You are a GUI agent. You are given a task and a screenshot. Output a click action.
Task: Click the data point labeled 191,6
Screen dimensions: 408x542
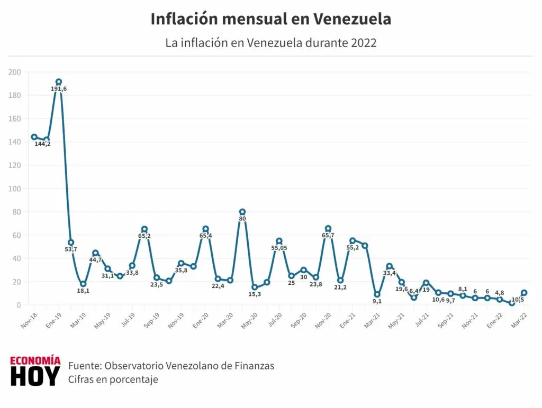tap(59, 82)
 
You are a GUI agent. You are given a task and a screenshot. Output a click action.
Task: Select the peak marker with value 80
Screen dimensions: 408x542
tap(242, 212)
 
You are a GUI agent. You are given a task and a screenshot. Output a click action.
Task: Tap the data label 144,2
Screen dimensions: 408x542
tap(42, 144)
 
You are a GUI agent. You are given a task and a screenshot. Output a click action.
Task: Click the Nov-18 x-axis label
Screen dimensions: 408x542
tap(29, 317)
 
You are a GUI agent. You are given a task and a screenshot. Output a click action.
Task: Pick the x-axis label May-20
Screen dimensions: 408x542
tap(249, 317)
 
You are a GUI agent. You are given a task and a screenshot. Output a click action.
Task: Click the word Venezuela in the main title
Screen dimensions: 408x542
tap(352, 19)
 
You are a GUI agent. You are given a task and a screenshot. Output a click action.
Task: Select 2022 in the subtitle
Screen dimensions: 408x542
tap(364, 43)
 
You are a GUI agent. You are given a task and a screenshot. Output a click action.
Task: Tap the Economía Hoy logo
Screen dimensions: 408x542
tap(35, 371)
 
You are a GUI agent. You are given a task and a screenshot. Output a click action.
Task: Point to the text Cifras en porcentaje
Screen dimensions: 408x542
tap(113, 379)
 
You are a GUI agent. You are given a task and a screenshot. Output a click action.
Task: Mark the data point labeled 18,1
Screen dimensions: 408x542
tap(83, 284)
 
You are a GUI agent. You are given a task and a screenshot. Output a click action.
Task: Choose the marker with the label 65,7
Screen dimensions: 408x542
tap(328, 228)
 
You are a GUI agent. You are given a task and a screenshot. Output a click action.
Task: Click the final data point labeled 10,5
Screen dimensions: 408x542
tap(524, 293)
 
